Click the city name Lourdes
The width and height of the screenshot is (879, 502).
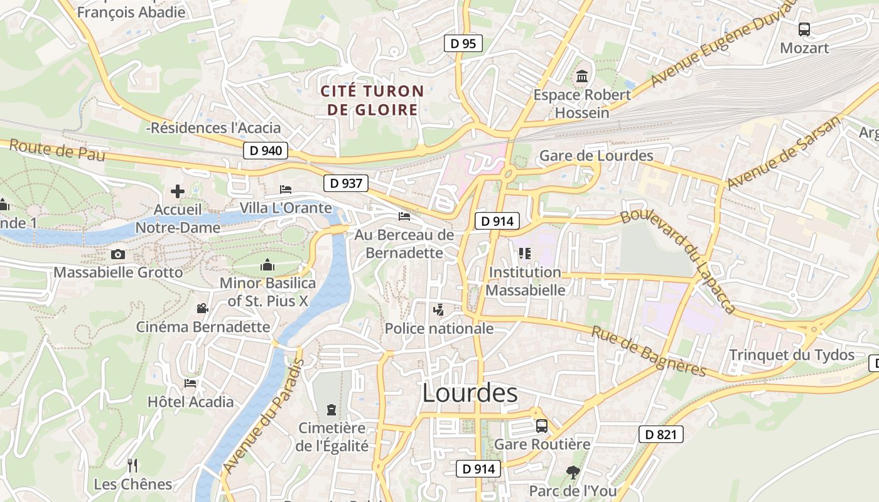(470, 393)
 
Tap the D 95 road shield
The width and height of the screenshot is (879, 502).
(463, 43)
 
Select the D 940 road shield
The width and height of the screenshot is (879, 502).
(266, 151)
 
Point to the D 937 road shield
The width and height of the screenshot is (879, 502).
(346, 183)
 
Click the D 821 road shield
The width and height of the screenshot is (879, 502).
(661, 434)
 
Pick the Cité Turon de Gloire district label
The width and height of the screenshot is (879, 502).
(372, 100)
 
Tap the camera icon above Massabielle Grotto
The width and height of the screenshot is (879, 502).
(117, 254)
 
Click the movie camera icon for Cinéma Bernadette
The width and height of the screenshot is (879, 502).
(202, 308)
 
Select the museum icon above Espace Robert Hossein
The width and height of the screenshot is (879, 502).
(582, 77)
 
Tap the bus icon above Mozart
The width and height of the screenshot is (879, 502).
(804, 29)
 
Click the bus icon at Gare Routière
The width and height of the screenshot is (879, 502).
(541, 426)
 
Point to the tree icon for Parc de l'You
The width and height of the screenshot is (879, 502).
(572, 472)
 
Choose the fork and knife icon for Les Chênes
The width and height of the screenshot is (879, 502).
(132, 466)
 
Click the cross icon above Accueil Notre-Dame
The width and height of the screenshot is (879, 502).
(178, 191)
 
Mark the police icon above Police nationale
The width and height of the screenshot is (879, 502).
(438, 309)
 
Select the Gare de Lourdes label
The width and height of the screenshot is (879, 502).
(596, 156)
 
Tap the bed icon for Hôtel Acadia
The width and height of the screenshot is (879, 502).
(190, 383)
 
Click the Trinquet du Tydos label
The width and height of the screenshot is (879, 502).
(791, 355)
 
